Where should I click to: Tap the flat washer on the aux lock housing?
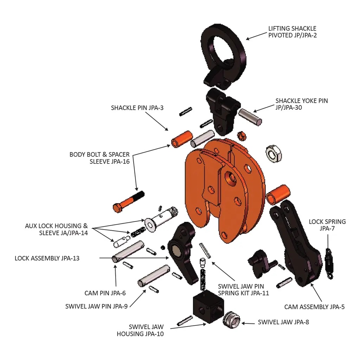point(150,224)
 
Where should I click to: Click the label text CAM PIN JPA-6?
point(105,293)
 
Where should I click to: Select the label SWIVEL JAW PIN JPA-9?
point(96,306)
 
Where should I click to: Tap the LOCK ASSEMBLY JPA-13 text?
point(47,258)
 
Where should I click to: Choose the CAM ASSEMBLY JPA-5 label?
point(314,307)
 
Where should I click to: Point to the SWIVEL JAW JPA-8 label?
point(283,322)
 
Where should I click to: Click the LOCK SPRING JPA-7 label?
point(327,225)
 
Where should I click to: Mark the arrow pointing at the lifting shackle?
point(256,36)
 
